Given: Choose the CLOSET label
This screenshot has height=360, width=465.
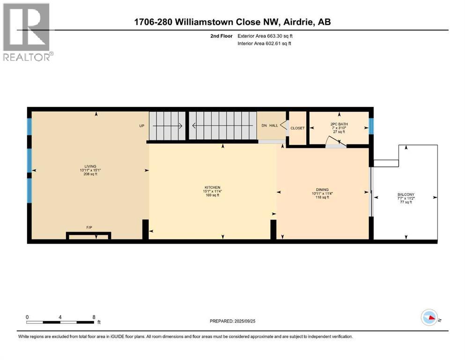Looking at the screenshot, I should (x=297, y=128).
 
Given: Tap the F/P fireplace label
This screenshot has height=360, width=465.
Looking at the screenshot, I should (x=89, y=227).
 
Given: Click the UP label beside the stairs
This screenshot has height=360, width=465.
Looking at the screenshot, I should (x=141, y=126).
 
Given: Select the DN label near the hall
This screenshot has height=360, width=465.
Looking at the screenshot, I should (x=264, y=126).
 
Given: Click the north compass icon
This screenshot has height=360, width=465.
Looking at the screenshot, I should (x=429, y=318).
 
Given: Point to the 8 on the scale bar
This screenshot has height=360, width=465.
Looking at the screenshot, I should (x=94, y=317).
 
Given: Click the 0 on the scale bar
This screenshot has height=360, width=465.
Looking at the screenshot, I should (x=27, y=317).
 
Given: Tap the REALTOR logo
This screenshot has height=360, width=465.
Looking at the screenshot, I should (x=27, y=32).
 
